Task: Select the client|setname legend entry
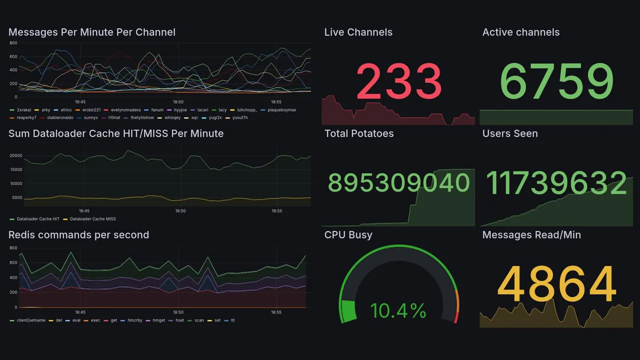point(31,320)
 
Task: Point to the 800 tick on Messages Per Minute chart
point(12,43)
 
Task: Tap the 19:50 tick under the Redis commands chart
point(178,312)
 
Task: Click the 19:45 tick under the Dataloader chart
point(83,211)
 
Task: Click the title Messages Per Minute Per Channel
point(92,32)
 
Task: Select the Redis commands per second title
point(79,235)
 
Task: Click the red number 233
point(398,81)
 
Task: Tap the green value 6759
point(556,81)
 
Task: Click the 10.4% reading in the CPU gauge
point(398,311)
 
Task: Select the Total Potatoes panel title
point(359,133)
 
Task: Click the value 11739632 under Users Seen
point(556,182)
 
